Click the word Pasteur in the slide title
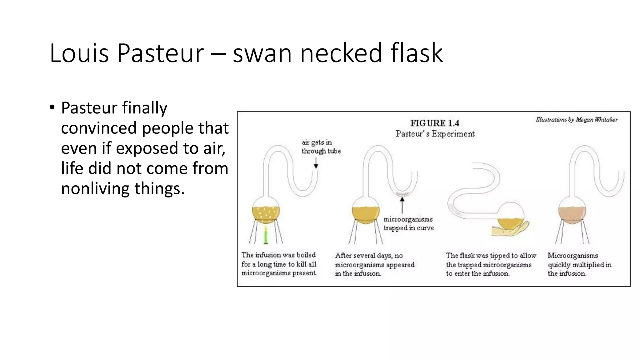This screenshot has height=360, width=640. click(x=160, y=53)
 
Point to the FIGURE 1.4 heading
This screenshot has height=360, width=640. click(x=434, y=123)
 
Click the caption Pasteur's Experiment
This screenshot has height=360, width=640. click(x=435, y=134)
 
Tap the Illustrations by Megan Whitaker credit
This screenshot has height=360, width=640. click(x=577, y=119)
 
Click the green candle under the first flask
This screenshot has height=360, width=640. click(x=266, y=235)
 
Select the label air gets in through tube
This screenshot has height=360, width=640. click(x=321, y=147)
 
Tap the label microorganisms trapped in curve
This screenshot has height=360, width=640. click(x=408, y=223)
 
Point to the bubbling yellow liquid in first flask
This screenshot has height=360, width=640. click(x=266, y=213)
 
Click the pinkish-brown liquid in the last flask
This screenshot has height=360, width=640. click(x=572, y=215)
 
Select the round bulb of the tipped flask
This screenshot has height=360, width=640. click(x=510, y=216)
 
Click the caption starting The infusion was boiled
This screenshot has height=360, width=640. click(x=279, y=264)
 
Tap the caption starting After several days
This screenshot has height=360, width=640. click(x=374, y=264)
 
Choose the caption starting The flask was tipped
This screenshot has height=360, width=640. click(x=491, y=264)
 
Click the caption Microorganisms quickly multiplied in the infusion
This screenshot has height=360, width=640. click(x=579, y=264)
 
